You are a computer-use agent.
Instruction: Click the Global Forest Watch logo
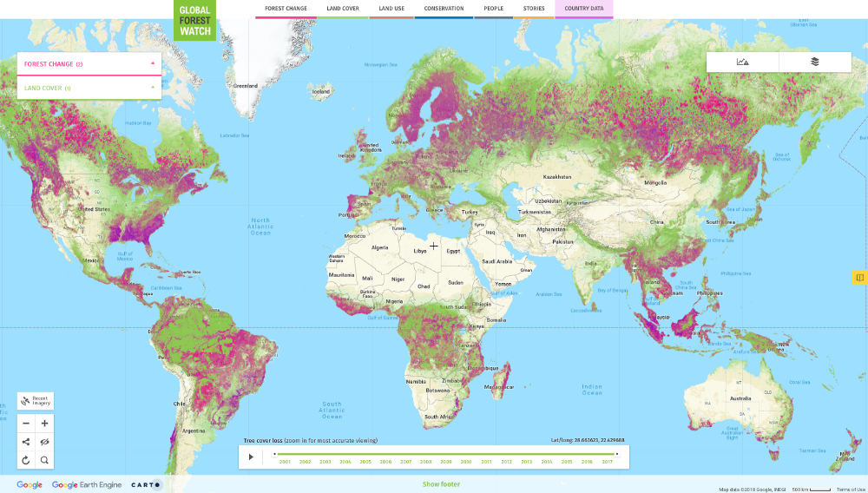194,21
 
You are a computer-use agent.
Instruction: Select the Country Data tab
583,9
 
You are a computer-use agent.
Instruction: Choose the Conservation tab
443,9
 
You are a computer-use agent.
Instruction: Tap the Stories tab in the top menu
534,9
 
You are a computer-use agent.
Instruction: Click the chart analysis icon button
742,62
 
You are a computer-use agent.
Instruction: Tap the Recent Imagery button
36,401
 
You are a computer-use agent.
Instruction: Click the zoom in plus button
44,424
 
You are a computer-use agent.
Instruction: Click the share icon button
26,442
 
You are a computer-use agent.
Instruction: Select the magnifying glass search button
44,460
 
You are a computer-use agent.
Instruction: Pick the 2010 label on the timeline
466,462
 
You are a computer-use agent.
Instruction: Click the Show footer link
441,484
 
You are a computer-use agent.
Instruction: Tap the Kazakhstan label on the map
557,176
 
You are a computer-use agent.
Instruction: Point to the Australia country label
740,398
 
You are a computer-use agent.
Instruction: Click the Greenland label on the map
246,86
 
